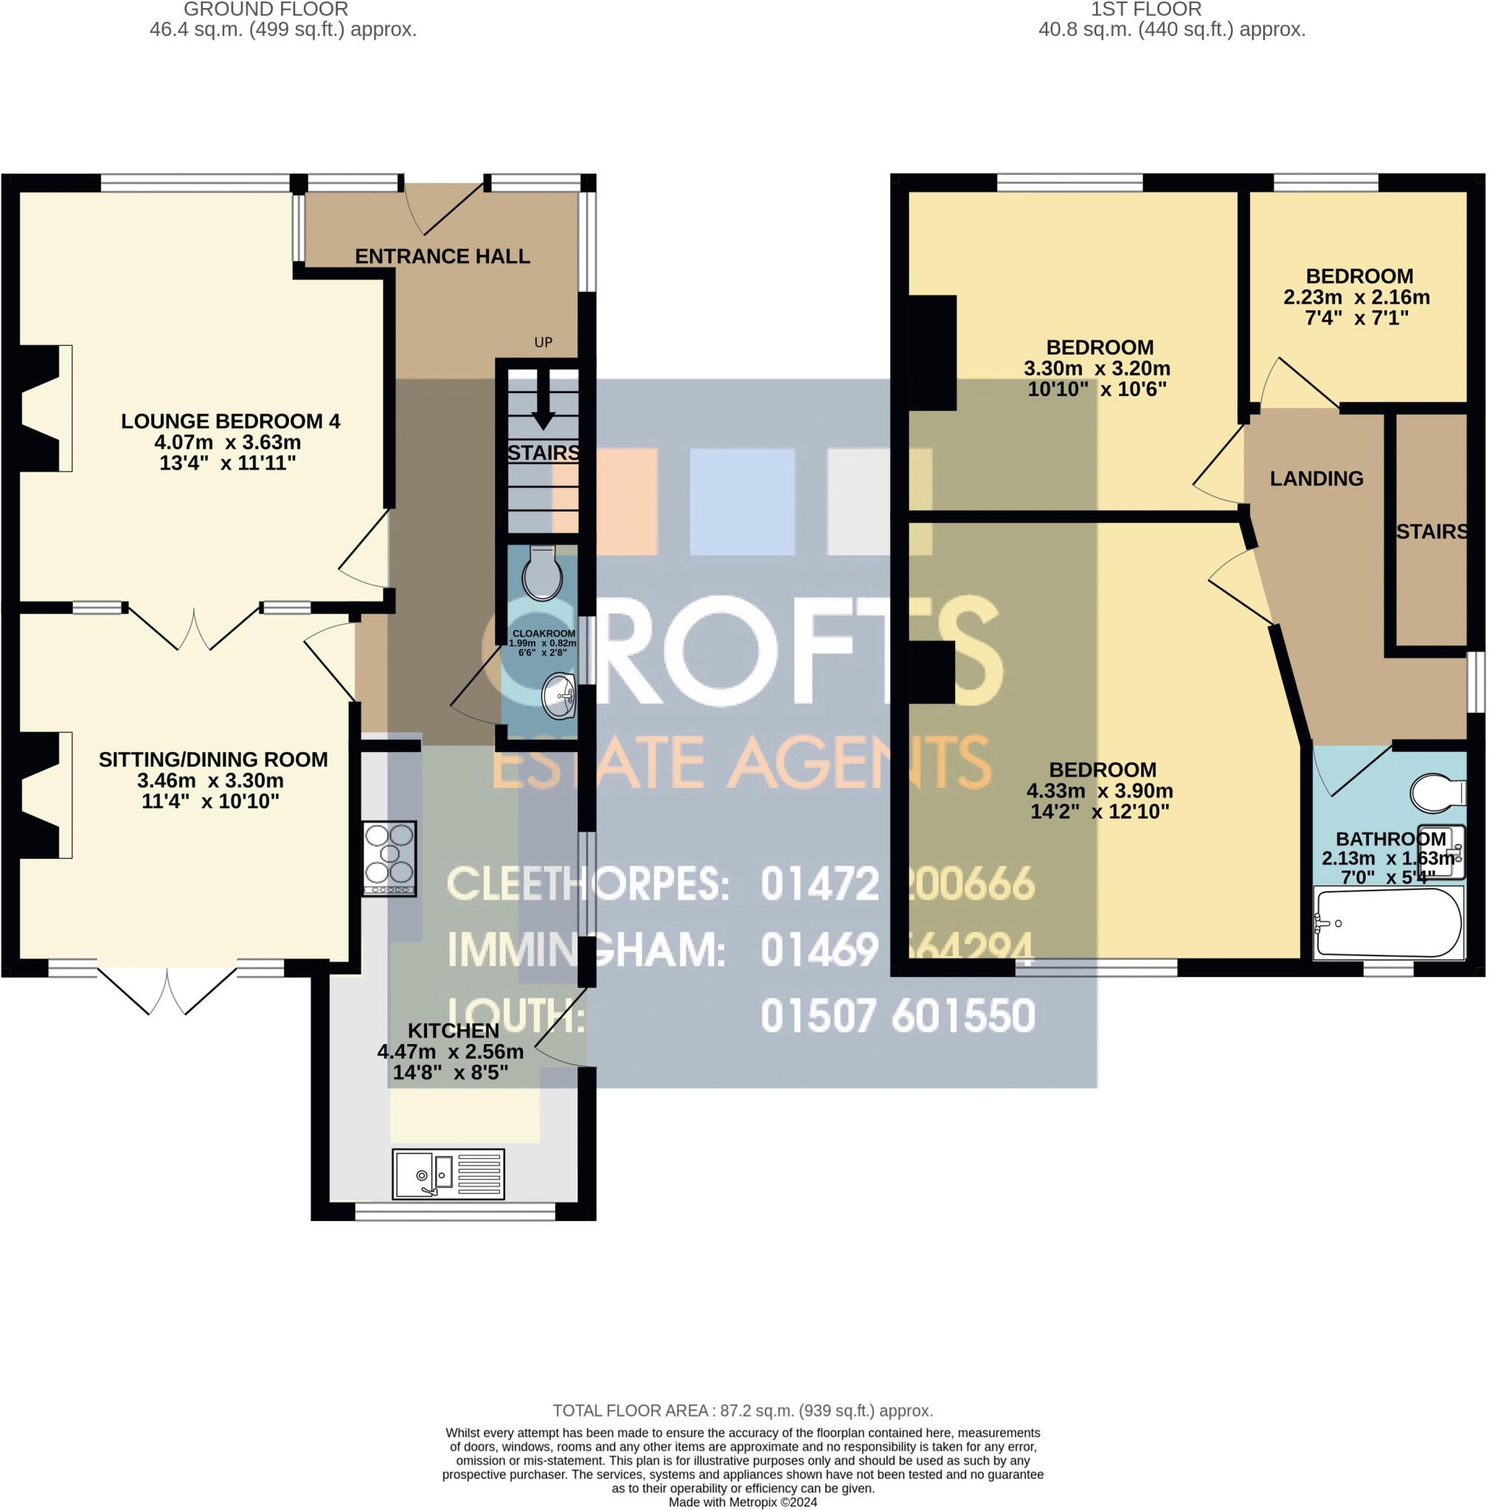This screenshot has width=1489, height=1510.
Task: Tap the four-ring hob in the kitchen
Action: point(389,859)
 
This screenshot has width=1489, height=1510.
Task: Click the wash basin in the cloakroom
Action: point(558,695)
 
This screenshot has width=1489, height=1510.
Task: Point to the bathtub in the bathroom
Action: point(1386,922)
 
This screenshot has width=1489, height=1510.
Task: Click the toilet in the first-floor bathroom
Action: point(1437,793)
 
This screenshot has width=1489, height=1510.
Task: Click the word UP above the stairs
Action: point(543,342)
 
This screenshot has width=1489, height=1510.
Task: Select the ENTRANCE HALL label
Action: point(442,257)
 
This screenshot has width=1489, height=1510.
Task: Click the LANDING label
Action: point(1316,479)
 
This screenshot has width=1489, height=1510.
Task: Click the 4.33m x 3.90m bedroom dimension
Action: point(1099,790)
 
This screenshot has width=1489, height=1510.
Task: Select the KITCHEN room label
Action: point(454,1031)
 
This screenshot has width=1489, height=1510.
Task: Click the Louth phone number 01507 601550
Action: point(898,1016)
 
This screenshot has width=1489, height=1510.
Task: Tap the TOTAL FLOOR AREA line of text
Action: point(743,1410)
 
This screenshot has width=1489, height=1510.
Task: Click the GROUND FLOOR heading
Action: point(265,10)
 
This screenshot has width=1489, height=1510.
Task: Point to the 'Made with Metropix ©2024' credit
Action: point(743,1502)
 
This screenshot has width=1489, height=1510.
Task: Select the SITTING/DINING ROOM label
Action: point(212,759)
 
